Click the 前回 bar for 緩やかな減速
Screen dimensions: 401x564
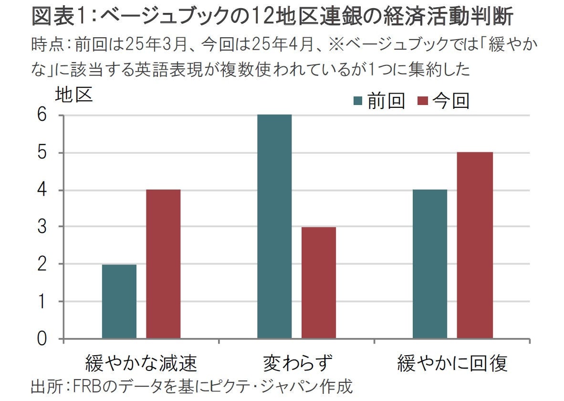[119, 302]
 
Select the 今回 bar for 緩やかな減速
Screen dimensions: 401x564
[163, 264]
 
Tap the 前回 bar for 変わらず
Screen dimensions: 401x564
[274, 227]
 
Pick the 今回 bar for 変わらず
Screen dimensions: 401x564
[319, 283]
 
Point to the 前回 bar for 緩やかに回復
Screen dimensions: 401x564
[430, 264]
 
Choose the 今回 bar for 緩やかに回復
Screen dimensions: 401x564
[475, 245]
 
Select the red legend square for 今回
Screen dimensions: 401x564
[422, 101]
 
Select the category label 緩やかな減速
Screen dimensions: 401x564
[141, 364]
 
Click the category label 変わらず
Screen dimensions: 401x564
[297, 364]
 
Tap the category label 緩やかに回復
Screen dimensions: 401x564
[452, 364]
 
